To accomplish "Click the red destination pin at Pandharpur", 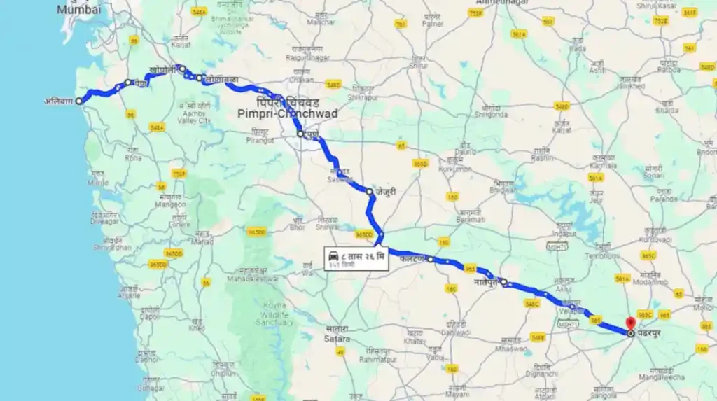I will pos(630,323).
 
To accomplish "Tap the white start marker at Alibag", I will pos(78,101).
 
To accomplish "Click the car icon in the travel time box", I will pos(334,257).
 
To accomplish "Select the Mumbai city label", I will pos(78,10).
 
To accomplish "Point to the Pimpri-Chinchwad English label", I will pos(287,113).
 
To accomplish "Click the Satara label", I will pos(336,339).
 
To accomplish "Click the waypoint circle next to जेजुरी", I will pos(369,190).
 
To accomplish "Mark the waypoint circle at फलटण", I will pos(430,260).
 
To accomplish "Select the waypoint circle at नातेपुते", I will pos(503,281).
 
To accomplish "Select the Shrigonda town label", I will pos(489,115).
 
